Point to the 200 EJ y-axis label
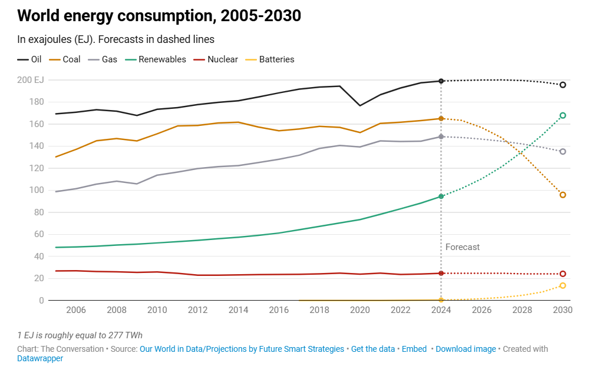[x=32, y=80]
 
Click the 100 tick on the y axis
[x=37, y=190]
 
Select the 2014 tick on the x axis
[x=238, y=310]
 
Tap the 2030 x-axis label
[x=563, y=310]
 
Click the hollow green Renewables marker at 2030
[x=563, y=115]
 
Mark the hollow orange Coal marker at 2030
[x=563, y=195]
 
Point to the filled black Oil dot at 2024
[x=441, y=81]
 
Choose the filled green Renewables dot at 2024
[x=441, y=197]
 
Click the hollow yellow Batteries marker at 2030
[x=563, y=285]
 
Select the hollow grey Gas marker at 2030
[x=563, y=151]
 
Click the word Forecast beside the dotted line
[x=463, y=247]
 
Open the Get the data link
[x=373, y=349]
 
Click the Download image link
[x=466, y=349]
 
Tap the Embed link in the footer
[x=414, y=349]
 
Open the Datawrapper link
[x=40, y=358]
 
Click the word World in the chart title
[x=40, y=16]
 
